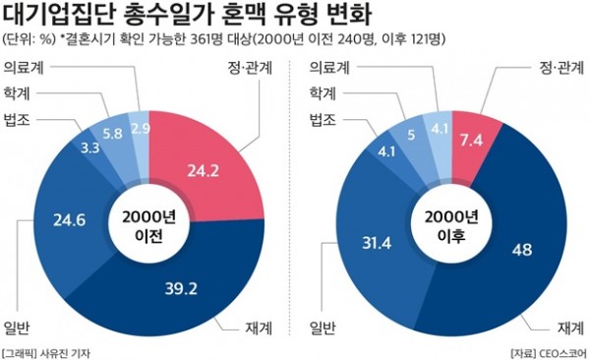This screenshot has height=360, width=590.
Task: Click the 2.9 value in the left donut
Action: [x=141, y=128]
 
